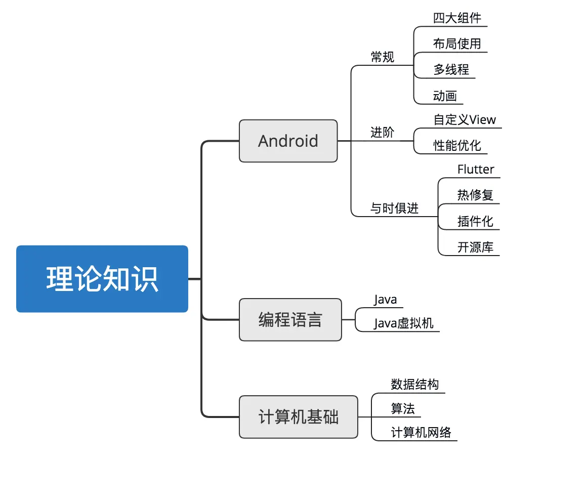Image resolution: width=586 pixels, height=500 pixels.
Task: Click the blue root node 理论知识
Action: click(x=102, y=279)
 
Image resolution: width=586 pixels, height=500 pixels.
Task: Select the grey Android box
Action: click(x=288, y=141)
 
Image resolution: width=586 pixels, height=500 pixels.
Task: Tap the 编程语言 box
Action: click(x=290, y=320)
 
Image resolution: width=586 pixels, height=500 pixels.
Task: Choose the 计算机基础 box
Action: click(x=298, y=417)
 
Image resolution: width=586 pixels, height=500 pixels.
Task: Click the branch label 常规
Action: click(x=382, y=57)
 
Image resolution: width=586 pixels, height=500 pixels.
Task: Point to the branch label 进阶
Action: click(x=382, y=133)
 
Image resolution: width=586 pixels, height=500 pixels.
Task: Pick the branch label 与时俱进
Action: click(x=394, y=209)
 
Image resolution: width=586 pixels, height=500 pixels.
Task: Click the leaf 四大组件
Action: click(x=457, y=18)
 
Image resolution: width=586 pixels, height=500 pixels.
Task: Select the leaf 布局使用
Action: click(x=457, y=44)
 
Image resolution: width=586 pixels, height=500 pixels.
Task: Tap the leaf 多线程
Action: click(x=451, y=70)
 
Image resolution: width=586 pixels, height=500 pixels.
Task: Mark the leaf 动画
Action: click(x=445, y=96)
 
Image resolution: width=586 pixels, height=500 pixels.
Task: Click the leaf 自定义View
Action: click(x=465, y=120)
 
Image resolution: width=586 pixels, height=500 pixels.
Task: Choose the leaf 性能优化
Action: click(x=457, y=146)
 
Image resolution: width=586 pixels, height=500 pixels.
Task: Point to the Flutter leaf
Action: click(x=476, y=170)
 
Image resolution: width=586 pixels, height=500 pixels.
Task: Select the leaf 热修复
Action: click(x=475, y=195)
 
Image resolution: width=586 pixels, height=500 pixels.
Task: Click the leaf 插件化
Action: click(x=475, y=221)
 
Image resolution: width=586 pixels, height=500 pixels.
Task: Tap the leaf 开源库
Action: click(x=475, y=247)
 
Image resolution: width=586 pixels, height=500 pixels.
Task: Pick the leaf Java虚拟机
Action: click(x=403, y=323)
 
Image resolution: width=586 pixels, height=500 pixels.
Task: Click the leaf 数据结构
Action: click(x=414, y=384)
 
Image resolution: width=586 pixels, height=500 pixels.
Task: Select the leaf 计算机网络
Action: click(x=421, y=433)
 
